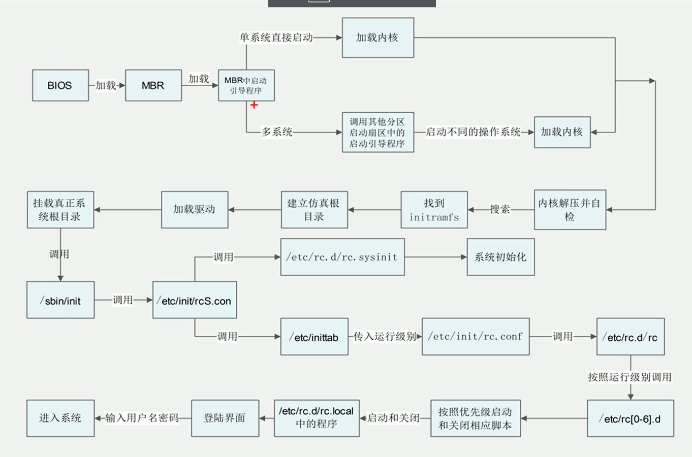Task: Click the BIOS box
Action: [60, 85]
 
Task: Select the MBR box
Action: [153, 85]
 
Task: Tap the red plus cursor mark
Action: [254, 105]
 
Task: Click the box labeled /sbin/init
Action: [60, 300]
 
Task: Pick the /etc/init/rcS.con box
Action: [195, 300]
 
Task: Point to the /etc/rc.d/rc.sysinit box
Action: [342, 257]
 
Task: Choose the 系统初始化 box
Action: [500, 257]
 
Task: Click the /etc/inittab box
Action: [314, 337]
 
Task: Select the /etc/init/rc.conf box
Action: [476, 337]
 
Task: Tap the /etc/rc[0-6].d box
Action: [631, 418]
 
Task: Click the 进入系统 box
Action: [60, 418]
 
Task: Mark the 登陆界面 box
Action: [225, 418]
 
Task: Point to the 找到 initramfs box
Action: [434, 210]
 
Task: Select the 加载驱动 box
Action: [195, 209]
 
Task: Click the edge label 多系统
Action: [277, 132]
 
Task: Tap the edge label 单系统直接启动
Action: [276, 38]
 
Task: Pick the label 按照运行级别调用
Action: [630, 377]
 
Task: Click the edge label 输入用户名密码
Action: [142, 418]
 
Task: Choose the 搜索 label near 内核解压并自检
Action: [499, 209]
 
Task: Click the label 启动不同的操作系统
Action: [473, 132]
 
